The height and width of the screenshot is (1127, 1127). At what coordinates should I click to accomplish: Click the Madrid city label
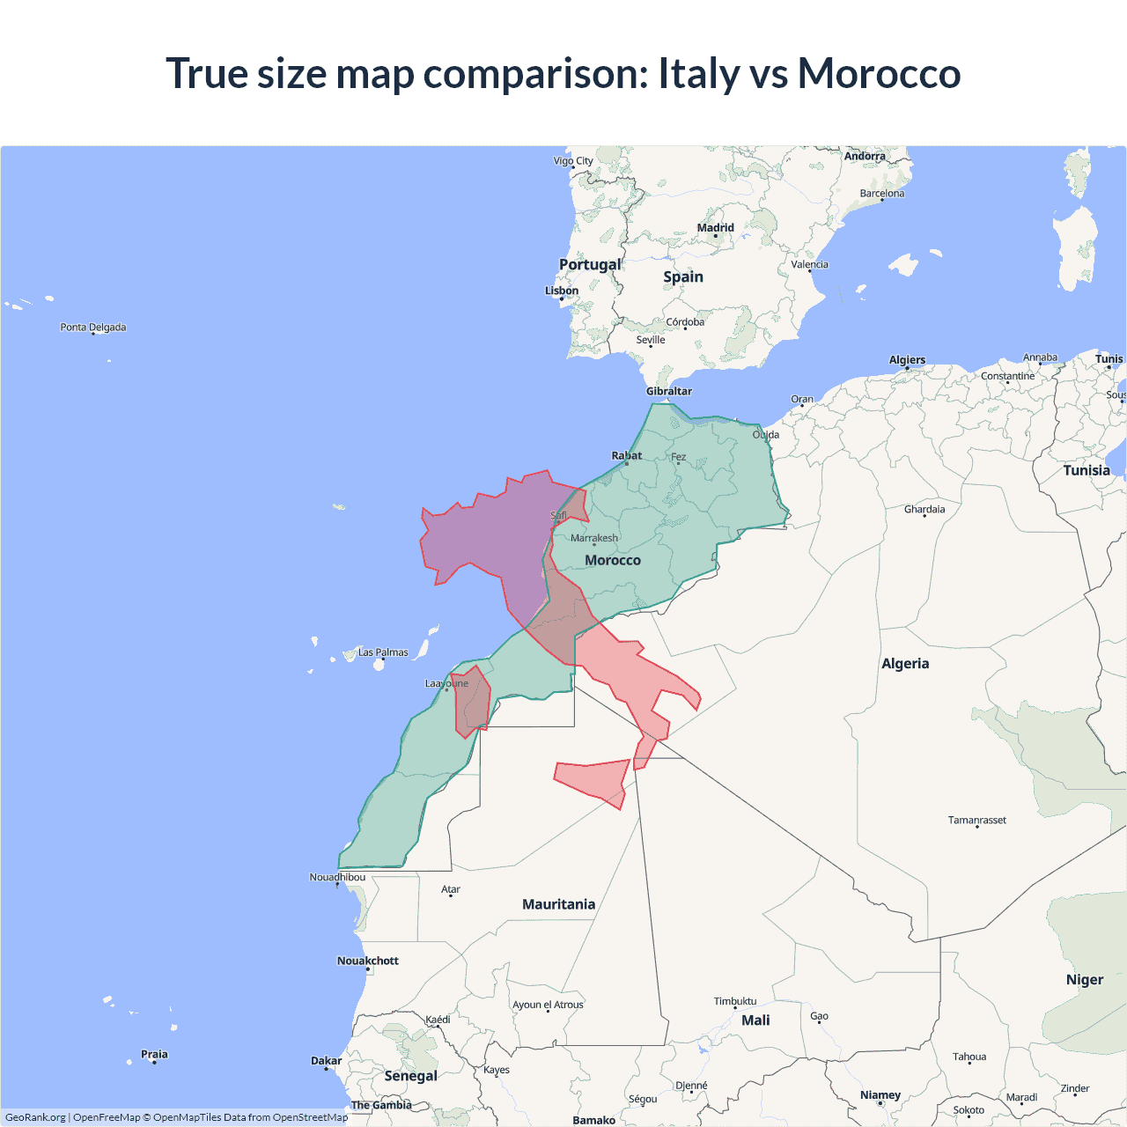coord(715,228)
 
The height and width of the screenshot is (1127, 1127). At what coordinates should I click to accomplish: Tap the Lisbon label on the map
coord(562,291)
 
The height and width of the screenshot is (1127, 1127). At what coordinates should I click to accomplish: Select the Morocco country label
coord(613,560)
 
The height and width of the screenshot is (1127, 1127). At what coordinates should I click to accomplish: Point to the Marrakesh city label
coord(594,538)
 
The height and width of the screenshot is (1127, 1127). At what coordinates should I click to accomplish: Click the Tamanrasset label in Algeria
coord(976,820)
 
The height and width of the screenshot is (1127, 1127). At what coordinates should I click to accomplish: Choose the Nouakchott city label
coord(368,961)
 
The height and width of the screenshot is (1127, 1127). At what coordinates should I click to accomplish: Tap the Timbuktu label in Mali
coord(735,1001)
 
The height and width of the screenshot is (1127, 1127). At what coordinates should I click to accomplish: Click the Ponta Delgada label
coord(93,327)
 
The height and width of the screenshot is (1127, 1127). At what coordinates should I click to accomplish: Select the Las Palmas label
coord(383,652)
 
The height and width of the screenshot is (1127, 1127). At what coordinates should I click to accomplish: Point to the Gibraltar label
coord(669,391)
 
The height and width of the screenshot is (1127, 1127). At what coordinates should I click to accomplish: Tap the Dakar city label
coord(326,1060)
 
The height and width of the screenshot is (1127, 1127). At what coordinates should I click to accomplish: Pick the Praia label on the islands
coord(154,1054)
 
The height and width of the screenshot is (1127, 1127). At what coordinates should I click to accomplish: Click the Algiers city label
coord(907,359)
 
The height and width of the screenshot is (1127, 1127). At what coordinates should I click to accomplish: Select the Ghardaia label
coord(924,509)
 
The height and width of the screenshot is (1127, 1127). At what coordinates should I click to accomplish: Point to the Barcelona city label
coord(881,193)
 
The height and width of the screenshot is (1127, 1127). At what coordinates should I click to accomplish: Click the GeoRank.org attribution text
coord(35,1117)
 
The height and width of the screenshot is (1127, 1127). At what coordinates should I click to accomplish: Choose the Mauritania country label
coord(558,904)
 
